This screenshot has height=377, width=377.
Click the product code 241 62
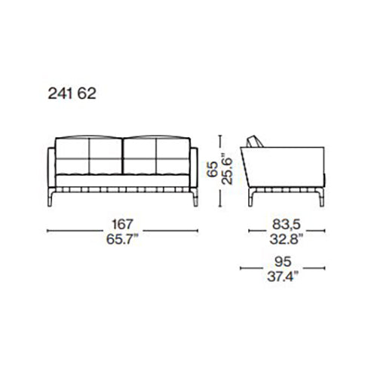pos(72,93)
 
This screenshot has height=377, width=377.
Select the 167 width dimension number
pos(122,224)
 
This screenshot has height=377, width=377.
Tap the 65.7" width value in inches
pos(122,239)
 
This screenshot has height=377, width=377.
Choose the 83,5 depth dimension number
pos(287,224)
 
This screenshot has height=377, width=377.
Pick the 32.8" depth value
pos(287,239)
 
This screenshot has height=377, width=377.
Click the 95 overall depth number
pos(283,262)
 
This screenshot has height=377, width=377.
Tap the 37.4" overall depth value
pos(283,277)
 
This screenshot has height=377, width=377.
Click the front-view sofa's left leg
pos(51,198)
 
